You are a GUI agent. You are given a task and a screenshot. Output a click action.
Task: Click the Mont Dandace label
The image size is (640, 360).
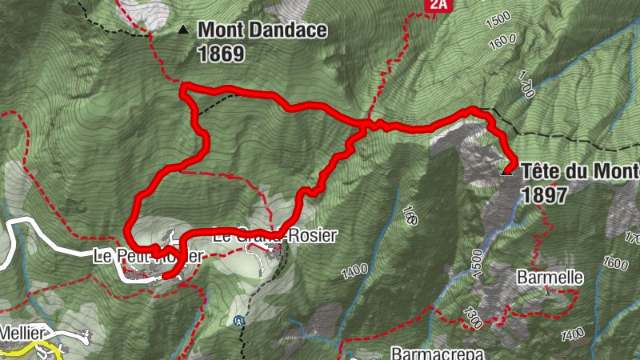[x=262, y=30]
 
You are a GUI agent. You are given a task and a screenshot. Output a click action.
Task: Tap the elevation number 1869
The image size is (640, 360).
[x=221, y=54]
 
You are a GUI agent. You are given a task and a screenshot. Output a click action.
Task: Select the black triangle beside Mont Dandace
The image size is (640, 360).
[x=183, y=30]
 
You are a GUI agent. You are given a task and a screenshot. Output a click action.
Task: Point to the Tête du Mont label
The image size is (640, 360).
[x=579, y=171]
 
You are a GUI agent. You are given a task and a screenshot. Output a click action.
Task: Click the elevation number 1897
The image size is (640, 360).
[x=544, y=194]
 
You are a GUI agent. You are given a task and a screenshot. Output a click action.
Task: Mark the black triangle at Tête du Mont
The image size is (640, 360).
[x=506, y=171]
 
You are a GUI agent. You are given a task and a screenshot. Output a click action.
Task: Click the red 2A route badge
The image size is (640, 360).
[x=436, y=5]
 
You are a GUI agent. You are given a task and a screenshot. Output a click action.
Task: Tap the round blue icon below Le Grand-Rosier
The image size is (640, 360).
[x=238, y=321]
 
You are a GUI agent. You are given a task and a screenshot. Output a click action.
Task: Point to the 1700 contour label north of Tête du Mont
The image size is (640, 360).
[x=525, y=84]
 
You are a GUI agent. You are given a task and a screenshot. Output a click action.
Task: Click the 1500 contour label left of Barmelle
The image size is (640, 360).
[x=477, y=262]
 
